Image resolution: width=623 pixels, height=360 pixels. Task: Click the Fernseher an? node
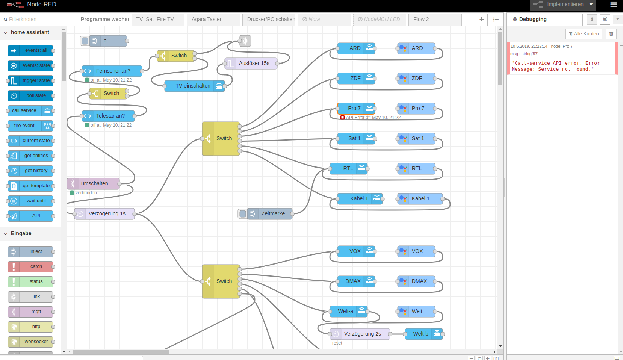[x=112, y=71]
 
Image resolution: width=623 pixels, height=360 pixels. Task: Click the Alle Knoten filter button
[x=584, y=34]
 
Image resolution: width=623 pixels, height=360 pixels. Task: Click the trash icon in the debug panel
[x=611, y=34]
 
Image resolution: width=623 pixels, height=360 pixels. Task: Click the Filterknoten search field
[x=34, y=19]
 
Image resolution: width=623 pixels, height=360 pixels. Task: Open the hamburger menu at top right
[x=614, y=5]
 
